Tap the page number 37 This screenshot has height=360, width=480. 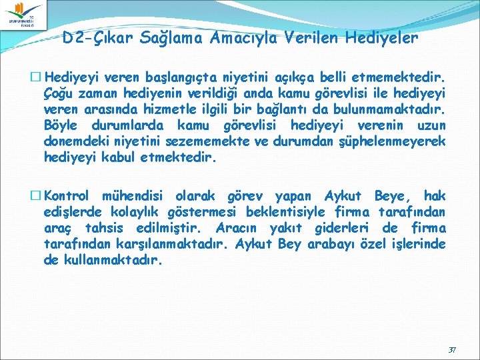[x=452, y=349]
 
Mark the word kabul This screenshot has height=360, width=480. [x=120, y=159]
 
